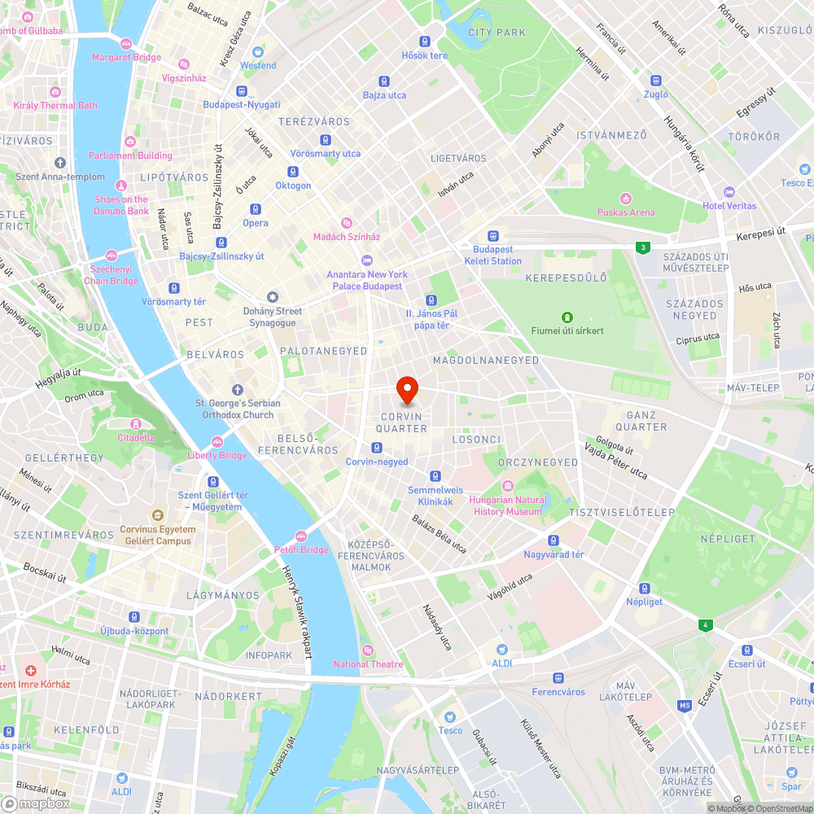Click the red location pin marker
[x=407, y=391]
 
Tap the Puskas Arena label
[x=625, y=212]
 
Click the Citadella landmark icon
[x=136, y=424]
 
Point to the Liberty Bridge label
[x=217, y=455]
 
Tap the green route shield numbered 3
[x=643, y=247]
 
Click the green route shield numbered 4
[x=705, y=625]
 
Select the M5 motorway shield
[x=685, y=705]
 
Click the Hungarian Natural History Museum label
[x=507, y=505]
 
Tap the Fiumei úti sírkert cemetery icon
[x=568, y=317]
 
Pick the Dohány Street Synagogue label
[x=273, y=317]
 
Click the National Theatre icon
[x=368, y=650]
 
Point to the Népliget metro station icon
[x=645, y=588]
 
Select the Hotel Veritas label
[x=729, y=205]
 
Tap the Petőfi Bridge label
[x=301, y=549]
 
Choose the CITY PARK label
[x=497, y=33]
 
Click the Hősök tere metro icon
[x=425, y=42]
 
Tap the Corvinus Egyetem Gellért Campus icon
[x=157, y=516]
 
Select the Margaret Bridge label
[x=126, y=58]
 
